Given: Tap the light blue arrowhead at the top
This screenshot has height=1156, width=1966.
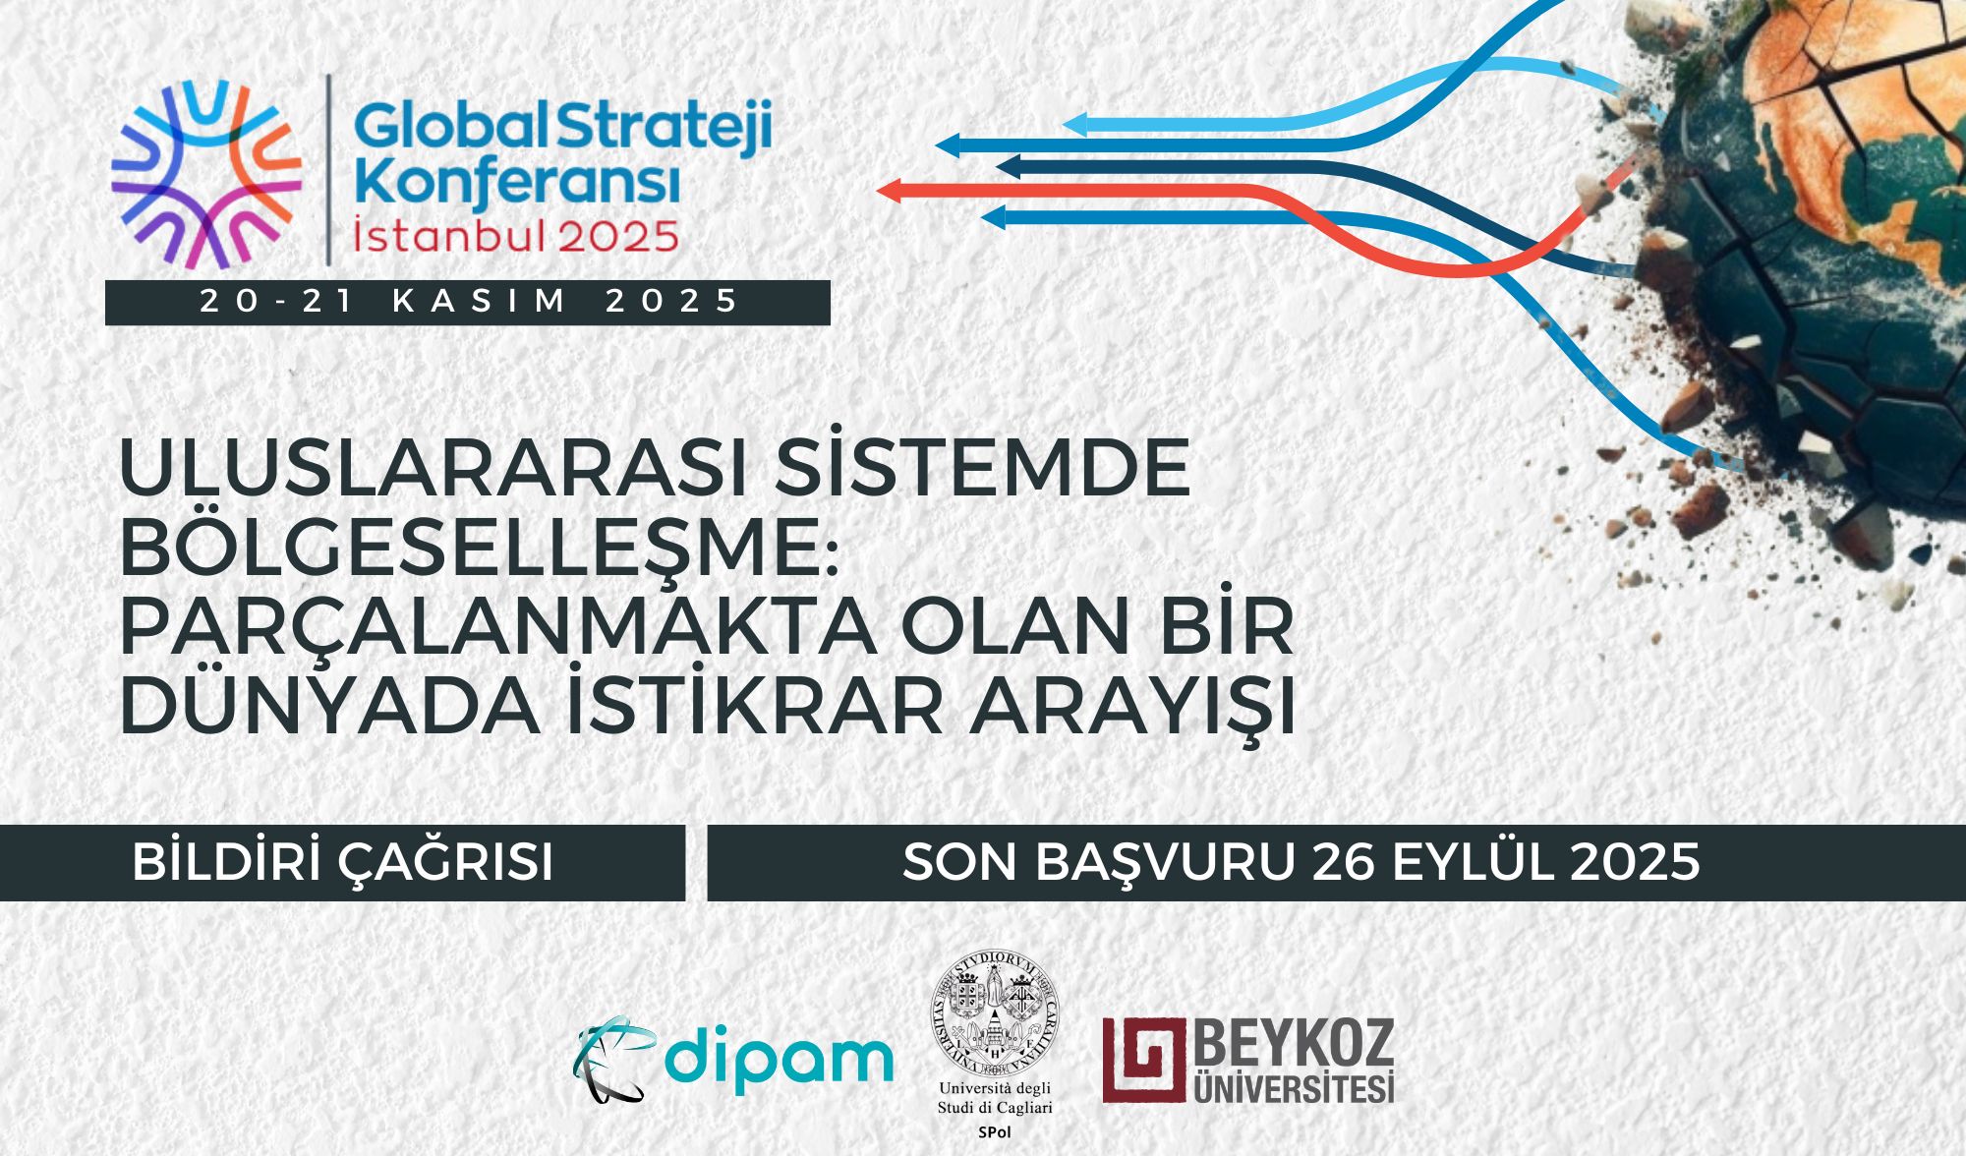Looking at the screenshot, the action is click(x=1074, y=125).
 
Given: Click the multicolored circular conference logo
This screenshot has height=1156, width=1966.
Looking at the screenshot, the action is click(x=206, y=174).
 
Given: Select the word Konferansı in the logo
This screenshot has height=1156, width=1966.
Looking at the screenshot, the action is click(x=517, y=183).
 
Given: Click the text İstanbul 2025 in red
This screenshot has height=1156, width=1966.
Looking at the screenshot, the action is click(x=516, y=236).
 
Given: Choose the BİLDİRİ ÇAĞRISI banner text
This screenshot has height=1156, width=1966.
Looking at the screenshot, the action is click(x=343, y=862).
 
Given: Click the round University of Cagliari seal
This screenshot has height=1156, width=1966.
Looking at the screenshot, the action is click(x=995, y=1012).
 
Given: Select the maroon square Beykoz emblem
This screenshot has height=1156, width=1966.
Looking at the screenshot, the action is click(x=1144, y=1060).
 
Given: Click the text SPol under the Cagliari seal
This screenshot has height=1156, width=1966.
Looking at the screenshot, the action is click(x=995, y=1132).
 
